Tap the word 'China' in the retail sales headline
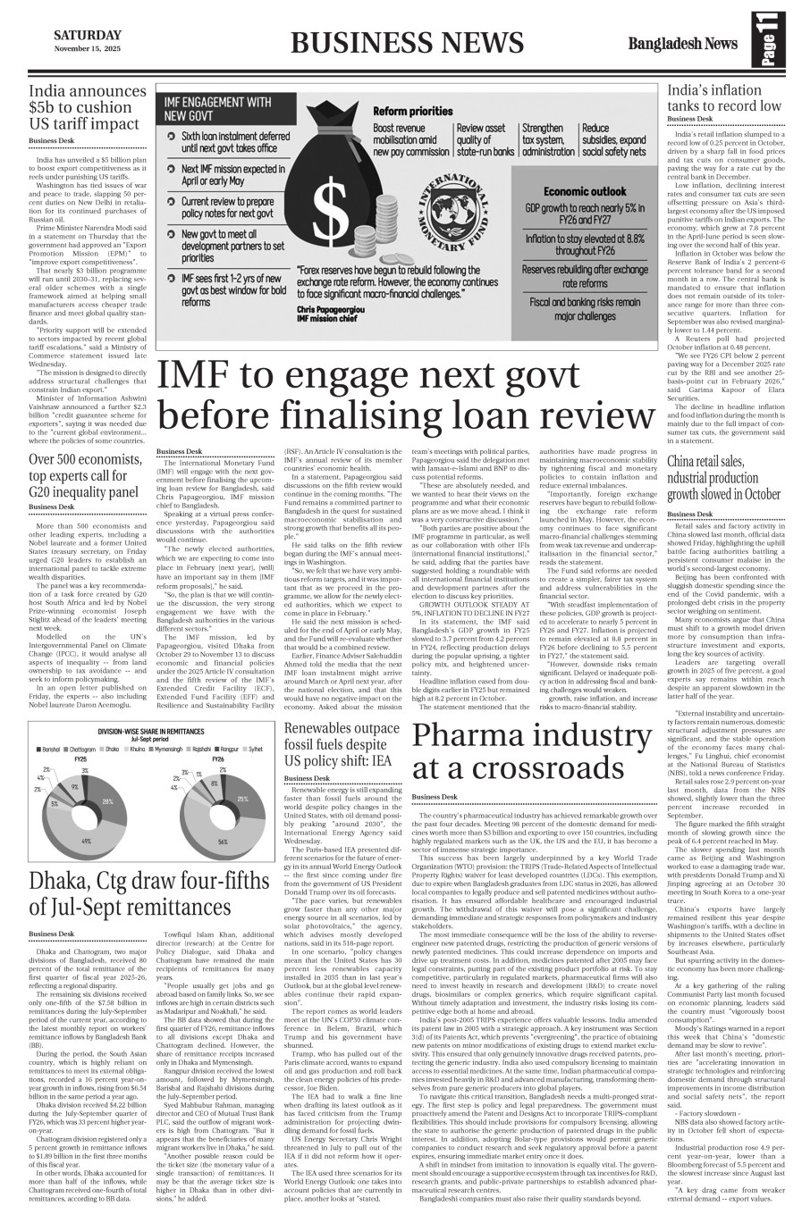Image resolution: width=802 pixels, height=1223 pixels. tap(685, 461)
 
